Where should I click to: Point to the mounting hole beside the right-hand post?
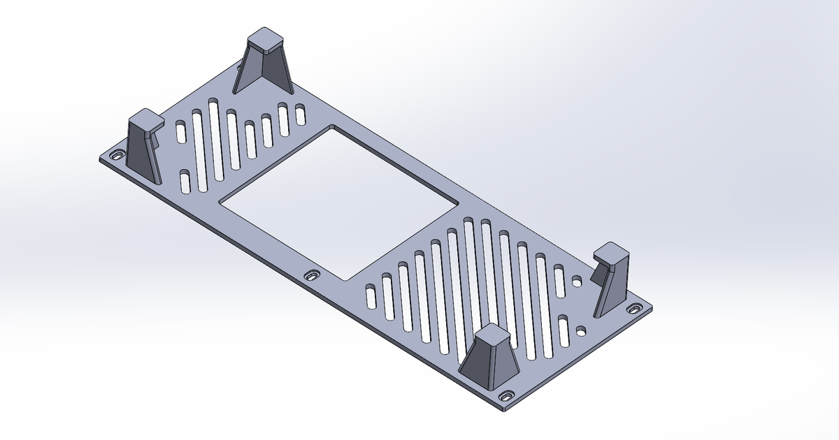click(635, 308)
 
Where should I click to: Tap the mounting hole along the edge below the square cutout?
click(313, 276)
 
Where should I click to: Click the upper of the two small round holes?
click(577, 281)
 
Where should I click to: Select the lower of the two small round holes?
click(582, 329)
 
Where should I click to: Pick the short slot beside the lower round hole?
click(564, 333)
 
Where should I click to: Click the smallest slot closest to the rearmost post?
click(301, 115)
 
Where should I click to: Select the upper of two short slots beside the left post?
click(180, 132)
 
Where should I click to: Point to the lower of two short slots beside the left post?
click(185, 182)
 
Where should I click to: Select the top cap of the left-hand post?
click(145, 119)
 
